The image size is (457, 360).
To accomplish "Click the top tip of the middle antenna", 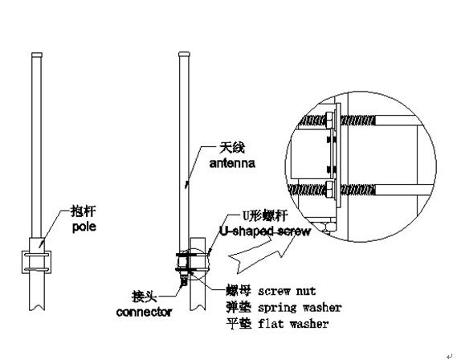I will coord(182,57).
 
